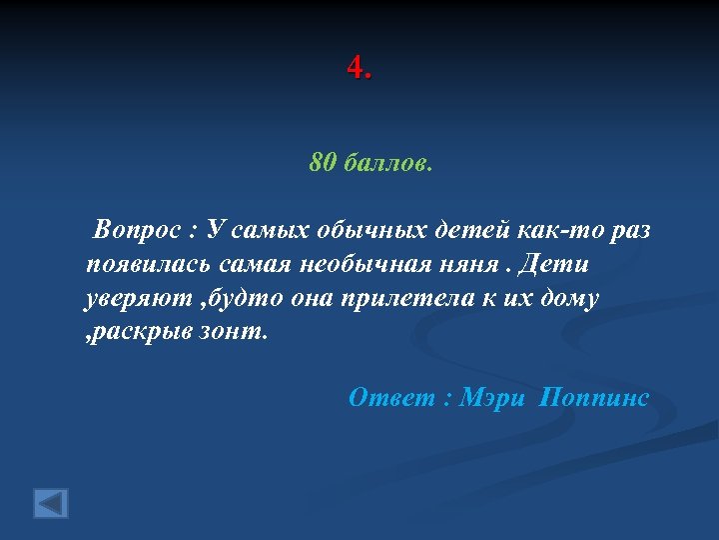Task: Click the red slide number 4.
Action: (x=356, y=69)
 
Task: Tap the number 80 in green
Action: (x=322, y=163)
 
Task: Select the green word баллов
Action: (x=386, y=163)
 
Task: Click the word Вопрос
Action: (x=138, y=231)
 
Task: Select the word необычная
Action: (x=356, y=265)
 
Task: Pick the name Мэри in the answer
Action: (x=490, y=398)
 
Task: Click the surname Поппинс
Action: (x=593, y=398)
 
